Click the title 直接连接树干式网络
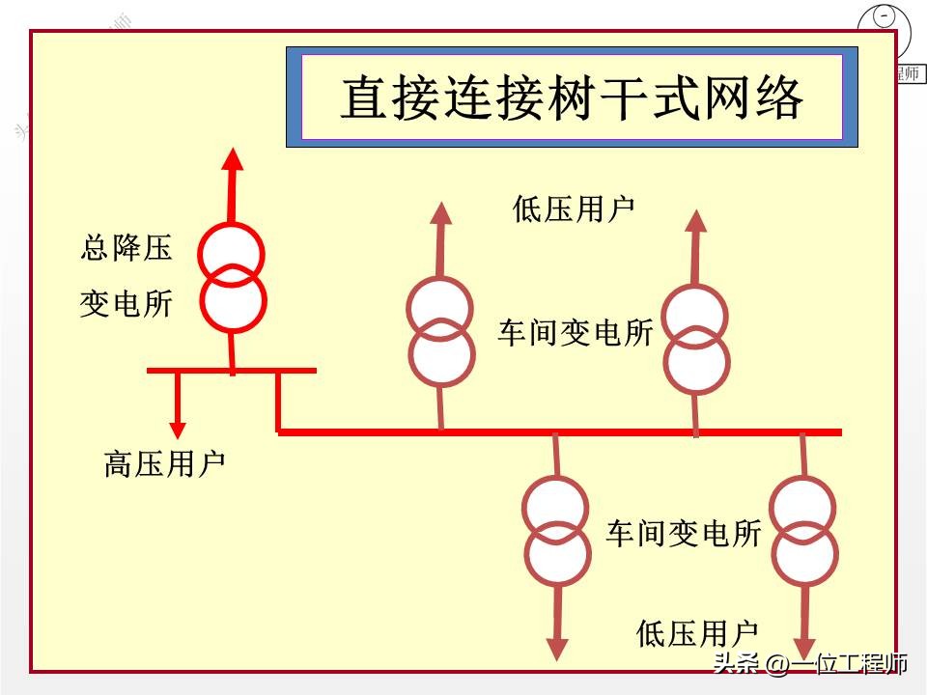point(572,99)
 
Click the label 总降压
point(126,248)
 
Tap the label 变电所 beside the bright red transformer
point(126,304)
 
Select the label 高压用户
point(164,464)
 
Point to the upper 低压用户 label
point(574,209)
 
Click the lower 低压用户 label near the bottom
point(697,634)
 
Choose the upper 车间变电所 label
point(576,333)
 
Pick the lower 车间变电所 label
point(684,533)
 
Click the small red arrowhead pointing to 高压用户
point(177,430)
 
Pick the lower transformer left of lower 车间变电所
point(556,531)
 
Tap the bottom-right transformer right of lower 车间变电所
point(804,532)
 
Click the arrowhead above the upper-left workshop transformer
point(440,214)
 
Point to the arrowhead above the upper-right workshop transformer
point(696,221)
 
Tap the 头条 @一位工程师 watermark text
point(809,664)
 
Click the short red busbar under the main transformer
point(231,370)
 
